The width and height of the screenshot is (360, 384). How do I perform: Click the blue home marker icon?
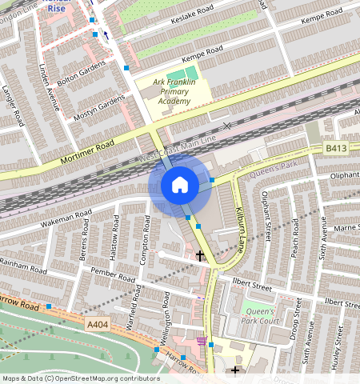click(180, 186)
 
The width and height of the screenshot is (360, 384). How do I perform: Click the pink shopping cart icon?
click(201, 341)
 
